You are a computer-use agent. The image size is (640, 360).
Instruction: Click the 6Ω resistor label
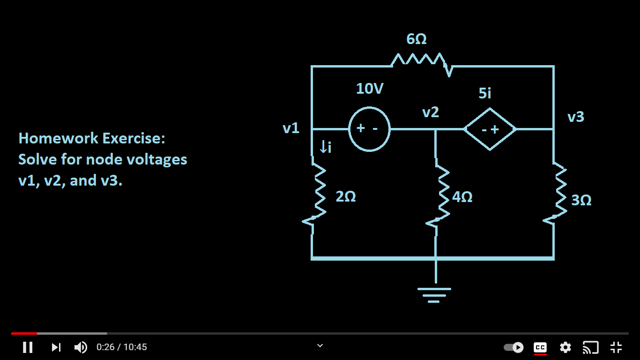[x=417, y=39]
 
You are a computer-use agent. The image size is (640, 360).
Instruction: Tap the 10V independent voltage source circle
[x=369, y=129]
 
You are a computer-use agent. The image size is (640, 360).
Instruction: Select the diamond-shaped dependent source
[x=490, y=129]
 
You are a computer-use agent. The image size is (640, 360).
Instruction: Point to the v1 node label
[x=291, y=128]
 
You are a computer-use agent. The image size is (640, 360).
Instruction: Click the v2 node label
[x=431, y=112]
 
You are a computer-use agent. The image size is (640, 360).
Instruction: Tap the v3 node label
[x=576, y=117]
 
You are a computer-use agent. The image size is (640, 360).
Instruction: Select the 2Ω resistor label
[x=346, y=197]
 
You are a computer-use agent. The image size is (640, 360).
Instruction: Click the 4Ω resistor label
[x=462, y=197]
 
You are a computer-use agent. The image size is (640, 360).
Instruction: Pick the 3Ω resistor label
[x=581, y=200]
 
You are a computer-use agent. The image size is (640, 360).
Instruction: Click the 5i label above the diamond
[x=485, y=93]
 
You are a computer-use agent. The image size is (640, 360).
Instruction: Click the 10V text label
[x=370, y=89]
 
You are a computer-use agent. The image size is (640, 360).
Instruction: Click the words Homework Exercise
[x=92, y=138]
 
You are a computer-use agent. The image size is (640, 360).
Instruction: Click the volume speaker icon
[x=81, y=347]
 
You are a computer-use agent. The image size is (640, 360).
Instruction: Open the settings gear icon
[x=566, y=347]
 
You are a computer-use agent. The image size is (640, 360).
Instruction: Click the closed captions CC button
[x=540, y=347]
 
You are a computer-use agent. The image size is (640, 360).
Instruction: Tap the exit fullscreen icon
[x=616, y=347]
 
